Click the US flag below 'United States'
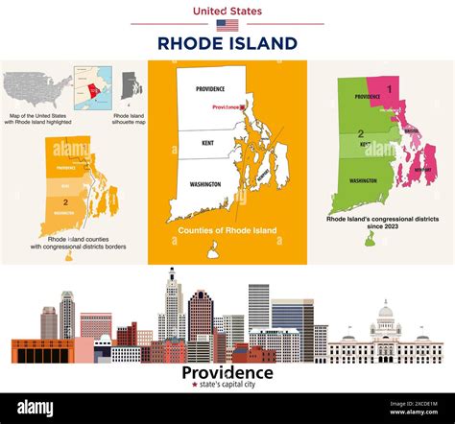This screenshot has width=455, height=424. [227, 25]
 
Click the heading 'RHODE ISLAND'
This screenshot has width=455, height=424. [227, 44]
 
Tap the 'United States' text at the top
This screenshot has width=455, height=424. [227, 10]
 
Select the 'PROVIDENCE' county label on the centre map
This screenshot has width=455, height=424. [210, 88]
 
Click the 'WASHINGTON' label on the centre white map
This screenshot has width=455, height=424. [204, 183]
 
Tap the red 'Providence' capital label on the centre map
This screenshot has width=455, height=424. [227, 107]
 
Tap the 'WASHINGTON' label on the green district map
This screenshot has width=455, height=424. [363, 180]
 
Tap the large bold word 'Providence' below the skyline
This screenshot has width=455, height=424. [227, 372]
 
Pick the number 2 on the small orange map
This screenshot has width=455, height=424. [64, 202]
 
